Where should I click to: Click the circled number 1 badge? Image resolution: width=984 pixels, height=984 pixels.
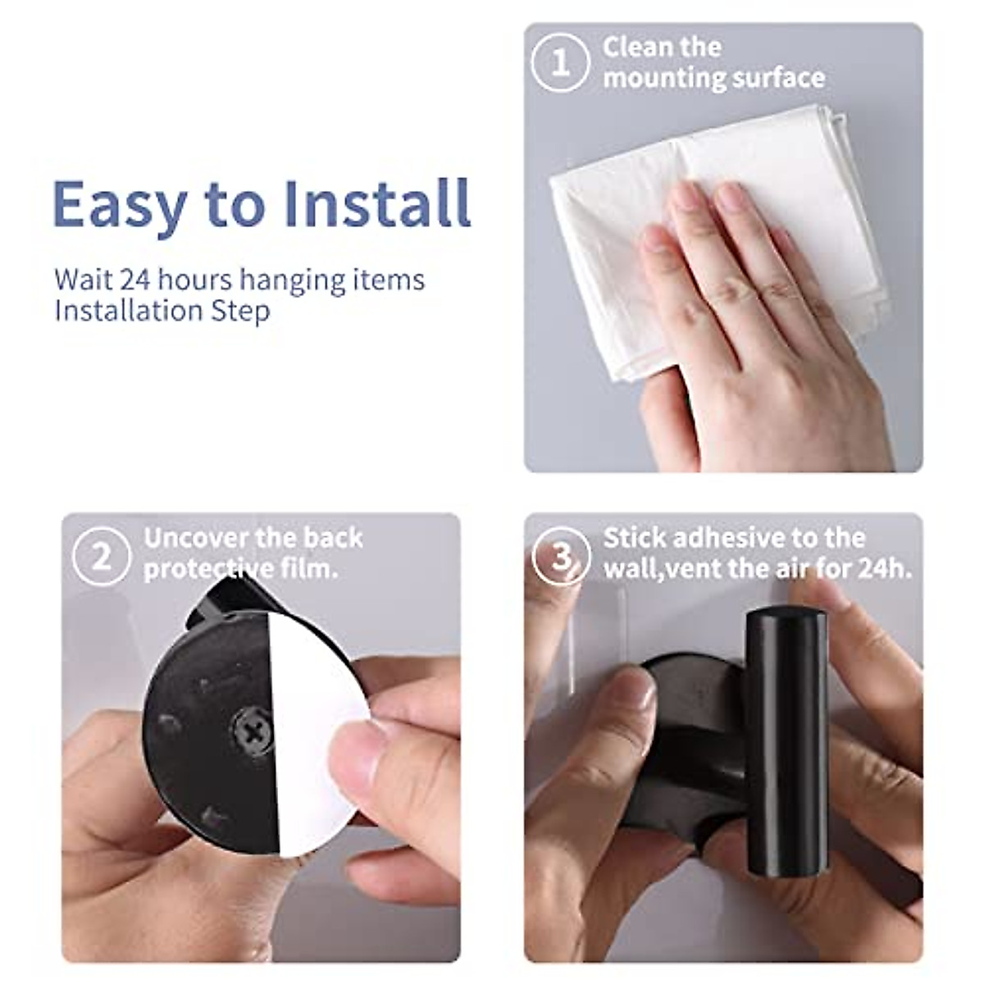coord(560,62)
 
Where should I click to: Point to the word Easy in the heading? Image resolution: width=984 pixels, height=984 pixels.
coord(118,203)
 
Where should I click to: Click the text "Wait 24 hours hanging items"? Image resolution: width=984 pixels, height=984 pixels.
coord(239,280)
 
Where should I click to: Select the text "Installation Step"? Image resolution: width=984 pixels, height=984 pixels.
coord(162,312)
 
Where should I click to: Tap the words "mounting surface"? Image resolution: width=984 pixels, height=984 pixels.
coord(713,78)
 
